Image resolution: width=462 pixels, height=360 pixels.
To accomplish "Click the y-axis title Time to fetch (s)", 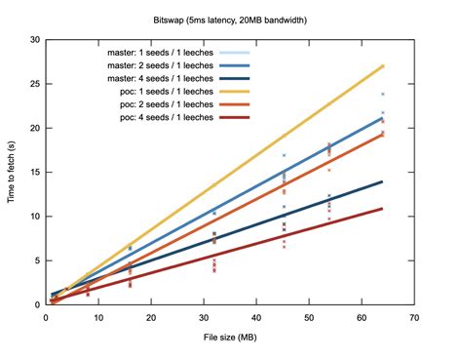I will (x=13, y=172).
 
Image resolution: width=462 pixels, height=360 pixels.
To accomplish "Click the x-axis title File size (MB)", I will (x=231, y=339).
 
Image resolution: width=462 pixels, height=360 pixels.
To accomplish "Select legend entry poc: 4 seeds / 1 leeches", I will (x=165, y=116).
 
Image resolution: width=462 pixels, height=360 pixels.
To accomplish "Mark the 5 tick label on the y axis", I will (x=36, y=260).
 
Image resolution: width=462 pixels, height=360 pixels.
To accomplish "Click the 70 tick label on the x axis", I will (x=414, y=318).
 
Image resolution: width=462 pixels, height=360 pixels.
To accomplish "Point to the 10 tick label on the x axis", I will (x=97, y=318).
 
